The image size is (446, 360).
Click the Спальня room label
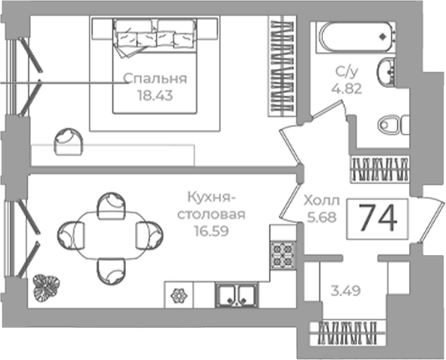point(155,79)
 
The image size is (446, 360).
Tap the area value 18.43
point(155,95)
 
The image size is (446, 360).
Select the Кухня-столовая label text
point(211,206)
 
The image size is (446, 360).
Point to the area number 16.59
point(211,231)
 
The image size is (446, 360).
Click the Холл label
point(322,201)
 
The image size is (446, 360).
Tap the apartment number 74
point(378,218)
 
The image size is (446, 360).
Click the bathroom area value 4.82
point(347,89)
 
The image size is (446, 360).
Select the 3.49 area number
point(346,291)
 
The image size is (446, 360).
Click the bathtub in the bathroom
point(356,37)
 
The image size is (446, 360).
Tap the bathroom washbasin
point(386,71)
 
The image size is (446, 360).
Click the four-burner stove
point(282,255)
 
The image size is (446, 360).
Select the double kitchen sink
point(236,295)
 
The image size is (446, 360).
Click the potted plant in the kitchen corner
point(46,287)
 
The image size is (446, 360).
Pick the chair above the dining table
point(111,206)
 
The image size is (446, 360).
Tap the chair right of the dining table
point(150,236)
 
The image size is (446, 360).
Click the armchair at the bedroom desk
point(68,141)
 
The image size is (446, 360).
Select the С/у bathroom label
point(346,72)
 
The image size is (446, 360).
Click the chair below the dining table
point(111,271)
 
